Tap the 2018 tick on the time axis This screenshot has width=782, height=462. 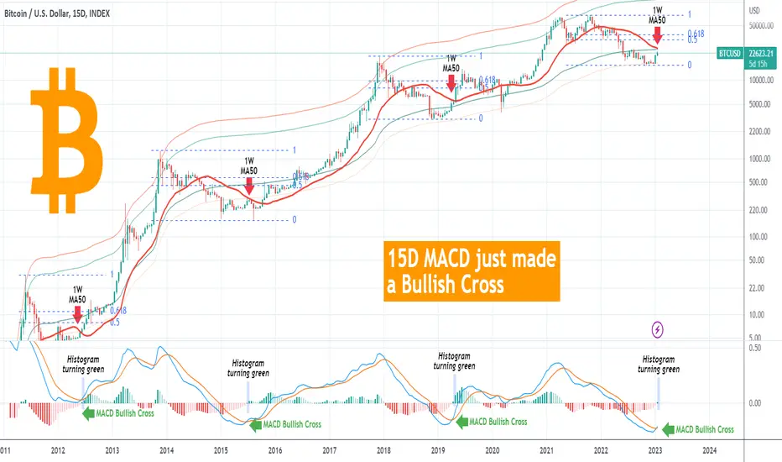point(383,450)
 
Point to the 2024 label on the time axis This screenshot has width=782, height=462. point(708,450)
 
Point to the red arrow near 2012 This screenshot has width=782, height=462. point(77,314)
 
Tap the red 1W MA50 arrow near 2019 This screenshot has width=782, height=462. point(451,82)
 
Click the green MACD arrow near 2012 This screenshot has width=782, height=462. point(86,412)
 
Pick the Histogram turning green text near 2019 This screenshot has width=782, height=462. point(454,361)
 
